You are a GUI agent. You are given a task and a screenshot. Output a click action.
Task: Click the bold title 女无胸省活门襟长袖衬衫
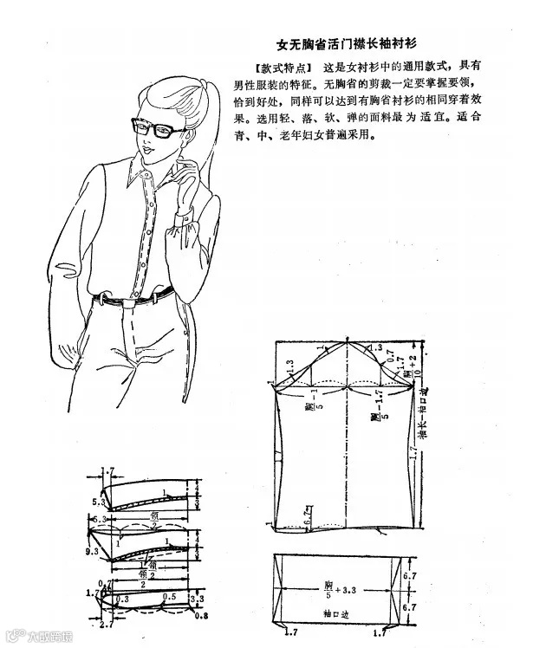point(349,42)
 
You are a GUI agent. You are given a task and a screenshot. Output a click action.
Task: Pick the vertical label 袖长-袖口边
point(422,416)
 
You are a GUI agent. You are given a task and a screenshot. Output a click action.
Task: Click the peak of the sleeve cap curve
point(347,341)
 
